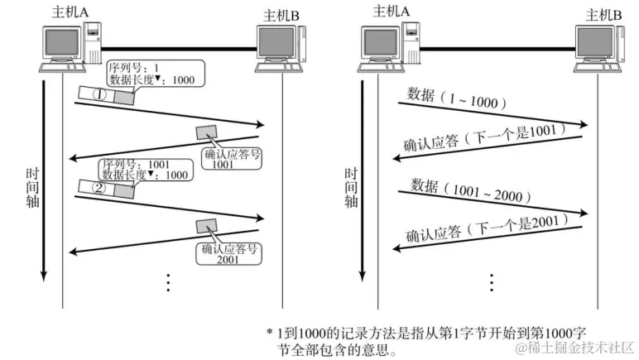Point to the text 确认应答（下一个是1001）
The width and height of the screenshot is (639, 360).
coord(485,137)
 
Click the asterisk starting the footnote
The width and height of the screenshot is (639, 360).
coord(270,331)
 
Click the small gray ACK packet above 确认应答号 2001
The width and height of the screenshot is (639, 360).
coord(205,224)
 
